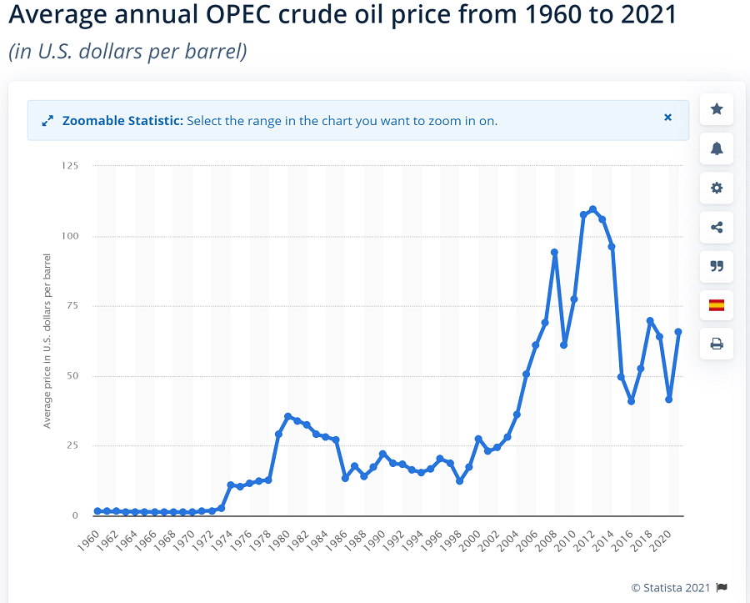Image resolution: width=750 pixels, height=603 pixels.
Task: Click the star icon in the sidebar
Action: [717, 109]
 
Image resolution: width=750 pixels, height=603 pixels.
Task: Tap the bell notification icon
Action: [717, 148]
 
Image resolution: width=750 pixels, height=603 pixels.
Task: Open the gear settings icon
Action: [717, 188]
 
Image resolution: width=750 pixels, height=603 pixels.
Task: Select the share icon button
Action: [717, 227]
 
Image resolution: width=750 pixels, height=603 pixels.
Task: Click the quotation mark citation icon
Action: [717, 266]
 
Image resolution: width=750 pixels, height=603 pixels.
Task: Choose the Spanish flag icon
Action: [717, 305]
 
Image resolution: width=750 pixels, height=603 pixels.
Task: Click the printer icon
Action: [717, 344]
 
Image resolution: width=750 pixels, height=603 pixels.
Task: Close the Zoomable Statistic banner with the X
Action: [667, 118]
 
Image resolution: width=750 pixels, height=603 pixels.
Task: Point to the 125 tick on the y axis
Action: [70, 166]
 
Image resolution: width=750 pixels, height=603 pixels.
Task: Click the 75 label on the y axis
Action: [72, 306]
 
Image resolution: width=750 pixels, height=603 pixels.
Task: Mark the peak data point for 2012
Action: [592, 209]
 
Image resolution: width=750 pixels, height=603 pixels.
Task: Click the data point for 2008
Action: [554, 252]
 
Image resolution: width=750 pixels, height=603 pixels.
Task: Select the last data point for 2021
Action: [678, 332]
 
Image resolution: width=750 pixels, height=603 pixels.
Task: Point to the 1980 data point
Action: [287, 416]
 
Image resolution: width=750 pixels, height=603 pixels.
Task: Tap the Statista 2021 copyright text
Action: [672, 588]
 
